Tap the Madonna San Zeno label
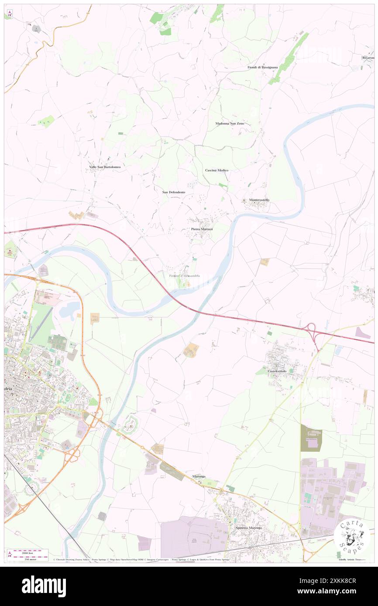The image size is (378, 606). click(x=230, y=123)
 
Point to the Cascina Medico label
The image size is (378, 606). click(x=216, y=170)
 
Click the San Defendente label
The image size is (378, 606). click(x=174, y=192)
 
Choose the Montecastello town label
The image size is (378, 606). click(x=259, y=200)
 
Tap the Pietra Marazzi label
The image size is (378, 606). click(x=202, y=229)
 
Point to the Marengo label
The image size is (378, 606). click(x=199, y=477)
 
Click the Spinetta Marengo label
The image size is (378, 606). click(x=249, y=528)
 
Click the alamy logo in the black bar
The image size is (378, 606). click(x=44, y=586)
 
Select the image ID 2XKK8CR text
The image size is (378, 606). click(x=336, y=581)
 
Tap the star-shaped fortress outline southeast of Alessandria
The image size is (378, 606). click(x=130, y=424)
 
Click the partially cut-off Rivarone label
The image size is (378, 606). click(x=368, y=58)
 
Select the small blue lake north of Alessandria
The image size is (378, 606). click(x=68, y=310)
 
